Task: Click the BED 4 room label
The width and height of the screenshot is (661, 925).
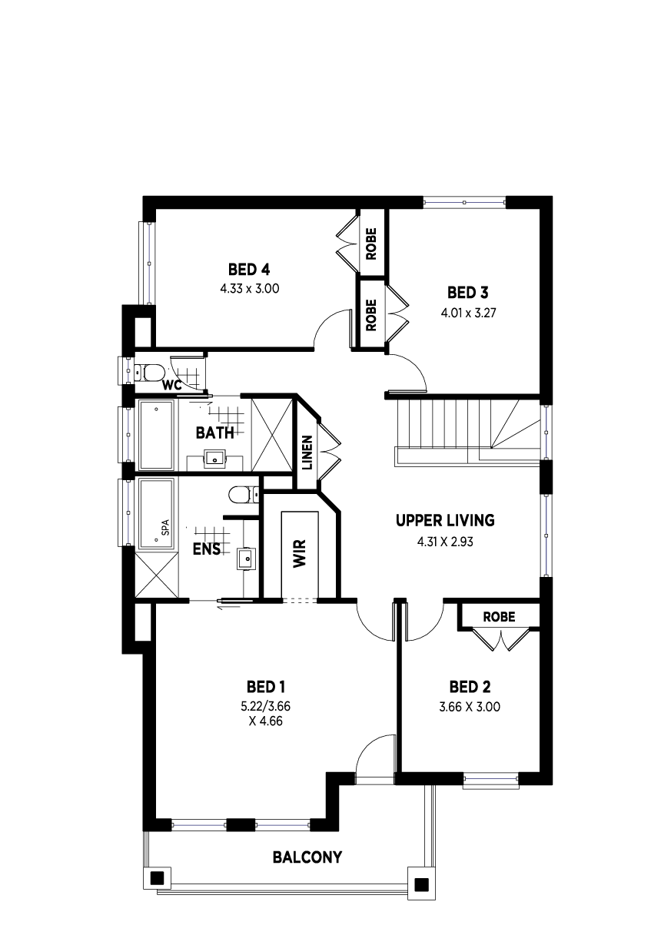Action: (249, 270)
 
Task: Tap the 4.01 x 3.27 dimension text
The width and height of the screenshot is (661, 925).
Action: (468, 313)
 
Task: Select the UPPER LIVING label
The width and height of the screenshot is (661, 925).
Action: (445, 520)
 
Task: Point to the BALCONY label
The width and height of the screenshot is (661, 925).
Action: (307, 857)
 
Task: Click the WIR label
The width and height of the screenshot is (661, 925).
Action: (299, 554)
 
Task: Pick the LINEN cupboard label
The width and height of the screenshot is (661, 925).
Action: (307, 453)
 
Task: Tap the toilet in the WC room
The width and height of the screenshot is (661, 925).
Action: (149, 372)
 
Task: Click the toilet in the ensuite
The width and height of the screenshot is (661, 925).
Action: (244, 495)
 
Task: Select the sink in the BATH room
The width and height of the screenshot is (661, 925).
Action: (215, 457)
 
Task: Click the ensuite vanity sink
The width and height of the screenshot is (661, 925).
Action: (246, 559)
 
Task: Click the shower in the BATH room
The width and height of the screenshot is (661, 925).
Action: (271, 434)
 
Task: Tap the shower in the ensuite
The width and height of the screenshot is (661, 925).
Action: (157, 576)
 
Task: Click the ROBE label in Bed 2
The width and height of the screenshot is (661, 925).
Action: (499, 617)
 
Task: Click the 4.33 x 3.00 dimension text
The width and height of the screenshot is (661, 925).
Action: (250, 288)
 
